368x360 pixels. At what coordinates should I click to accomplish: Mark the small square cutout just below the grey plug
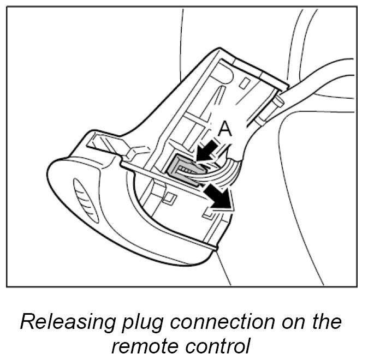(170, 195)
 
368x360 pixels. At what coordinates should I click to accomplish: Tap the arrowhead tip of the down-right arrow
(231, 206)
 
